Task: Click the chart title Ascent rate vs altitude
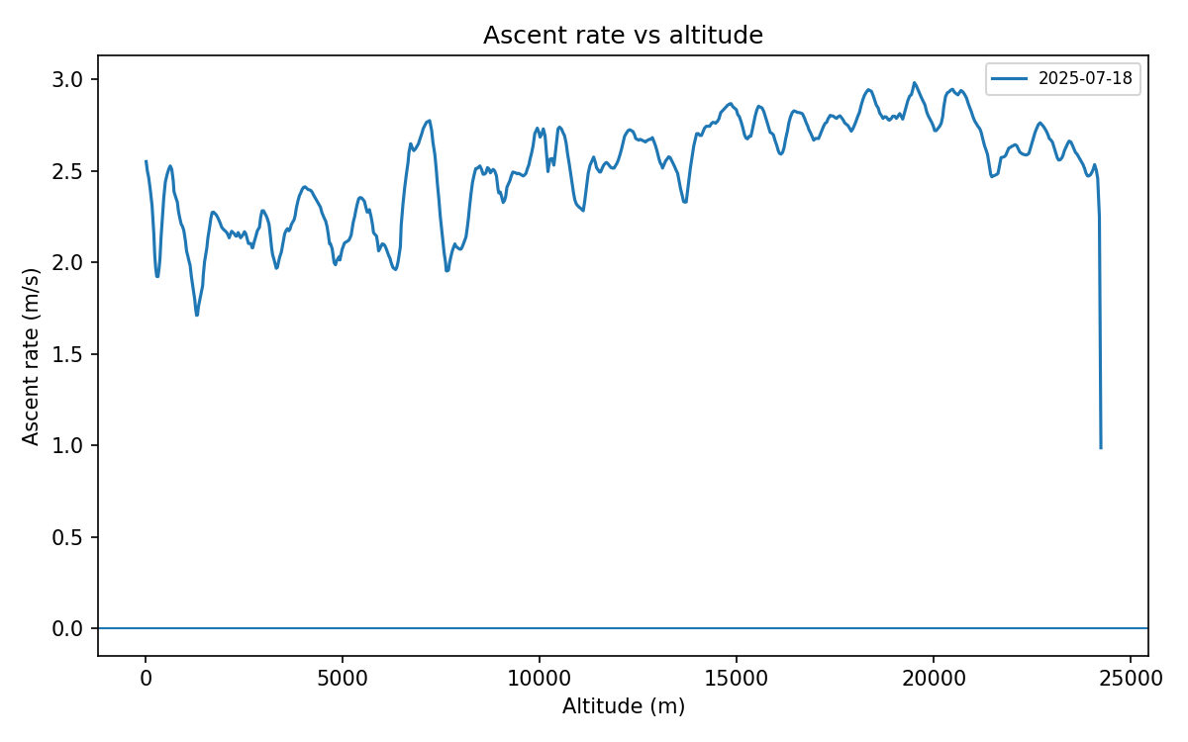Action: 623,36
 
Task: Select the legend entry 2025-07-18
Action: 1084,79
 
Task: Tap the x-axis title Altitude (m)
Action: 623,706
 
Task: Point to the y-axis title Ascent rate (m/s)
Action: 32,356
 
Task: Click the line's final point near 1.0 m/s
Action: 1101,448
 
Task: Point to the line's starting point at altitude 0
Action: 147,161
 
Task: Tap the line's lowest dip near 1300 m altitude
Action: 197,315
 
